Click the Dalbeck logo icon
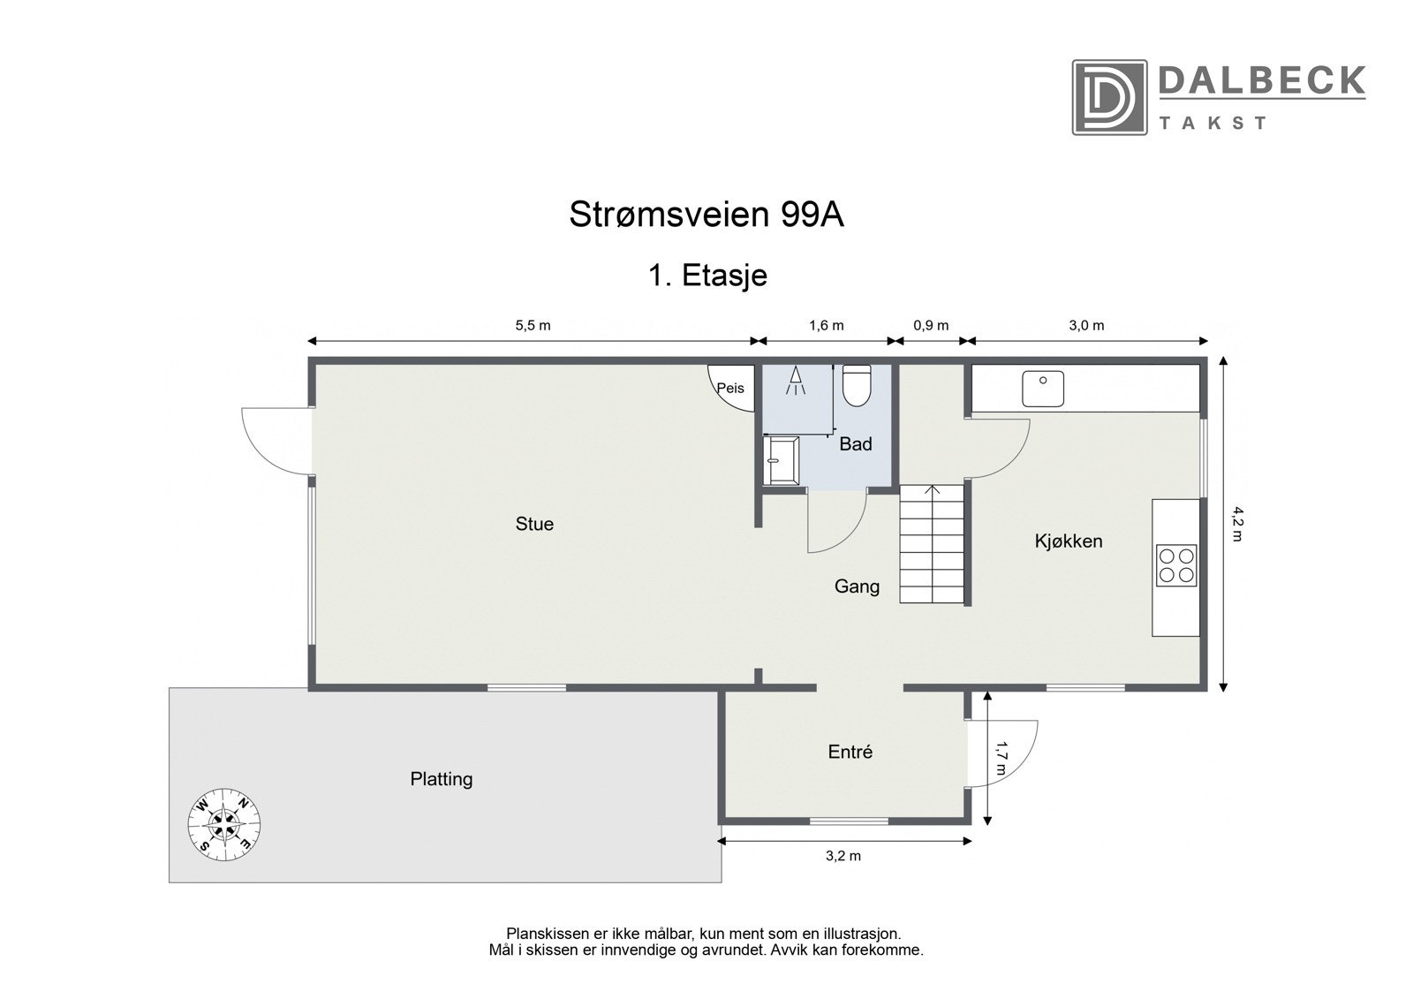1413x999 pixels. pyautogui.click(x=1109, y=97)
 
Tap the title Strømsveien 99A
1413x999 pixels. pyautogui.click(x=706, y=215)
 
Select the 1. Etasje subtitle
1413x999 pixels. pyautogui.click(x=707, y=276)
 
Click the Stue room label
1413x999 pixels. pyautogui.click(x=534, y=524)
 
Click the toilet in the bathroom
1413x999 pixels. pyautogui.click(x=857, y=385)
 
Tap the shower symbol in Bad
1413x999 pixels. pyautogui.click(x=797, y=381)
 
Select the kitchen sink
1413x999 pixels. pyautogui.click(x=1043, y=389)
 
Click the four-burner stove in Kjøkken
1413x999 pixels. pyautogui.click(x=1176, y=565)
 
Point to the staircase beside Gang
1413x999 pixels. pyautogui.click(x=932, y=544)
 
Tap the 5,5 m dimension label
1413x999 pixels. pyautogui.click(x=533, y=325)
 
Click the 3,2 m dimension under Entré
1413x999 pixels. pyautogui.click(x=843, y=855)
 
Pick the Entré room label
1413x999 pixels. pyautogui.click(x=850, y=752)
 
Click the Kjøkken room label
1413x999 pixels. pyautogui.click(x=1069, y=541)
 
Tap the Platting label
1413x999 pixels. pyautogui.click(x=442, y=779)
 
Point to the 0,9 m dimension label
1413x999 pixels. pyautogui.click(x=931, y=325)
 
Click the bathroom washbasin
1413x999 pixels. pyautogui.click(x=782, y=460)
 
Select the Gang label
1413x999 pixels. pyautogui.click(x=857, y=586)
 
